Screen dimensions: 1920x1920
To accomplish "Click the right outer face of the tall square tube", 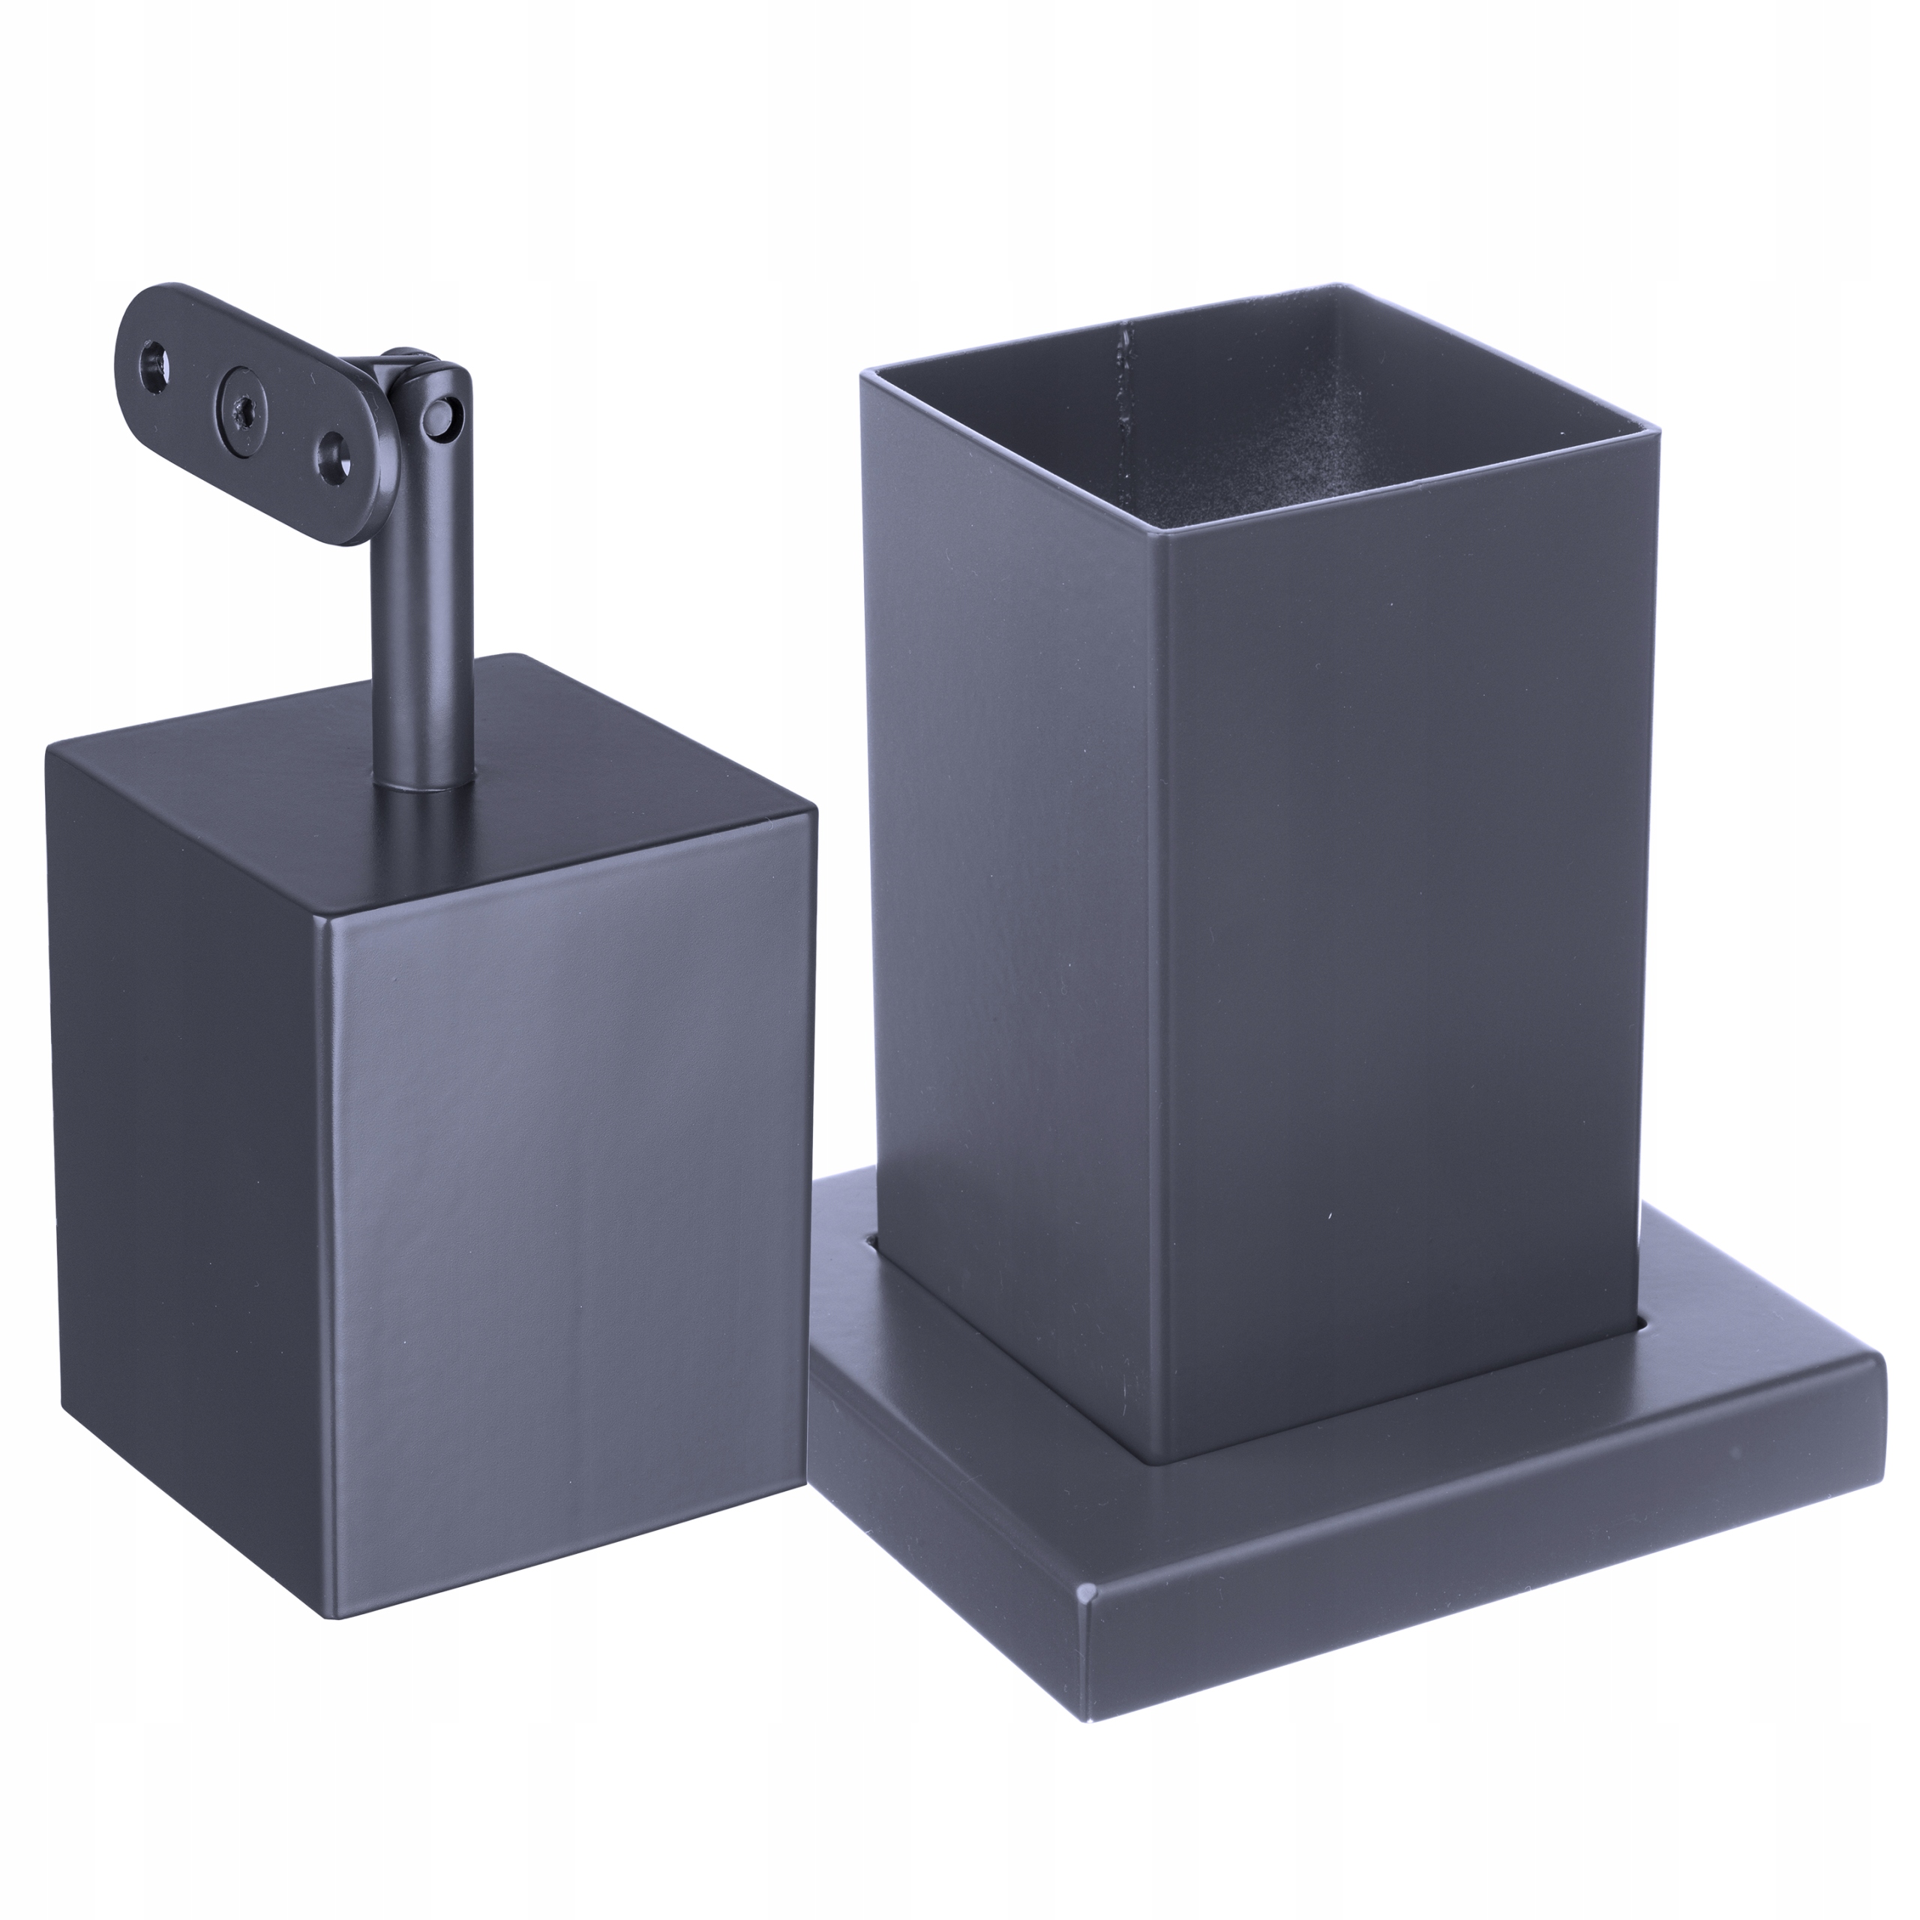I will click(x=1391, y=944).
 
